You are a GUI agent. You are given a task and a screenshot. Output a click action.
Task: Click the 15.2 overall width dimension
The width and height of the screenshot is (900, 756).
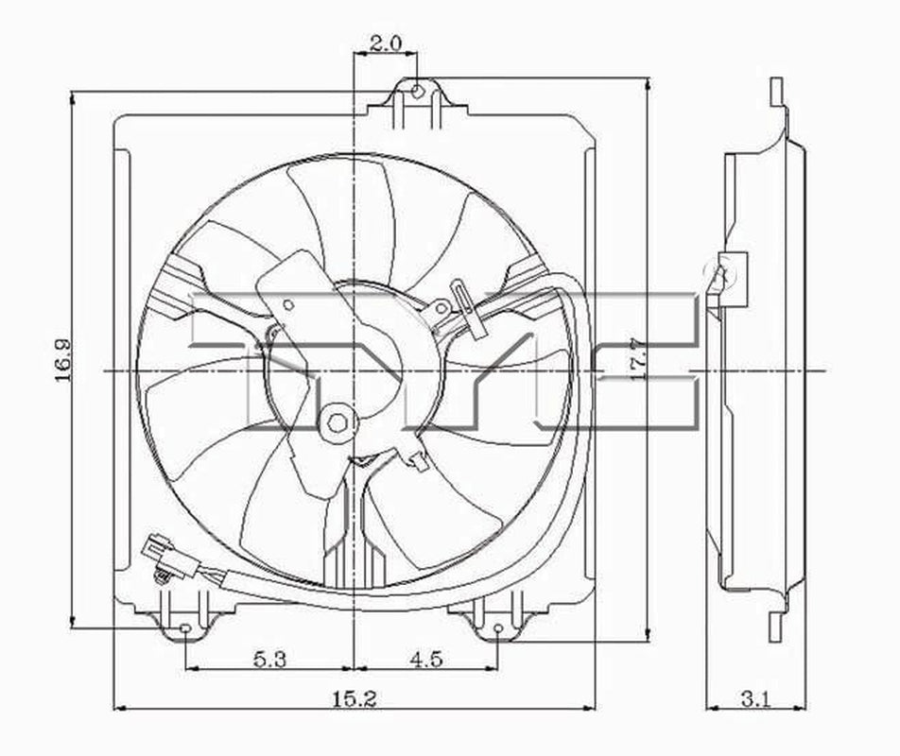(355, 698)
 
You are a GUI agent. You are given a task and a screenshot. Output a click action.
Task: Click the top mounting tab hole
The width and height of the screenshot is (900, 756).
(418, 91)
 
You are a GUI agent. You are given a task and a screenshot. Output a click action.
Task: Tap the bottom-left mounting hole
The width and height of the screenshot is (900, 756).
(185, 628)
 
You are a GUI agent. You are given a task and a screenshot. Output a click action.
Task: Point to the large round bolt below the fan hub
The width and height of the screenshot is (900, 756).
(337, 423)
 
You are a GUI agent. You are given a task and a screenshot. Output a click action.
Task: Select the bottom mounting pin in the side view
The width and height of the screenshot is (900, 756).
(776, 624)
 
